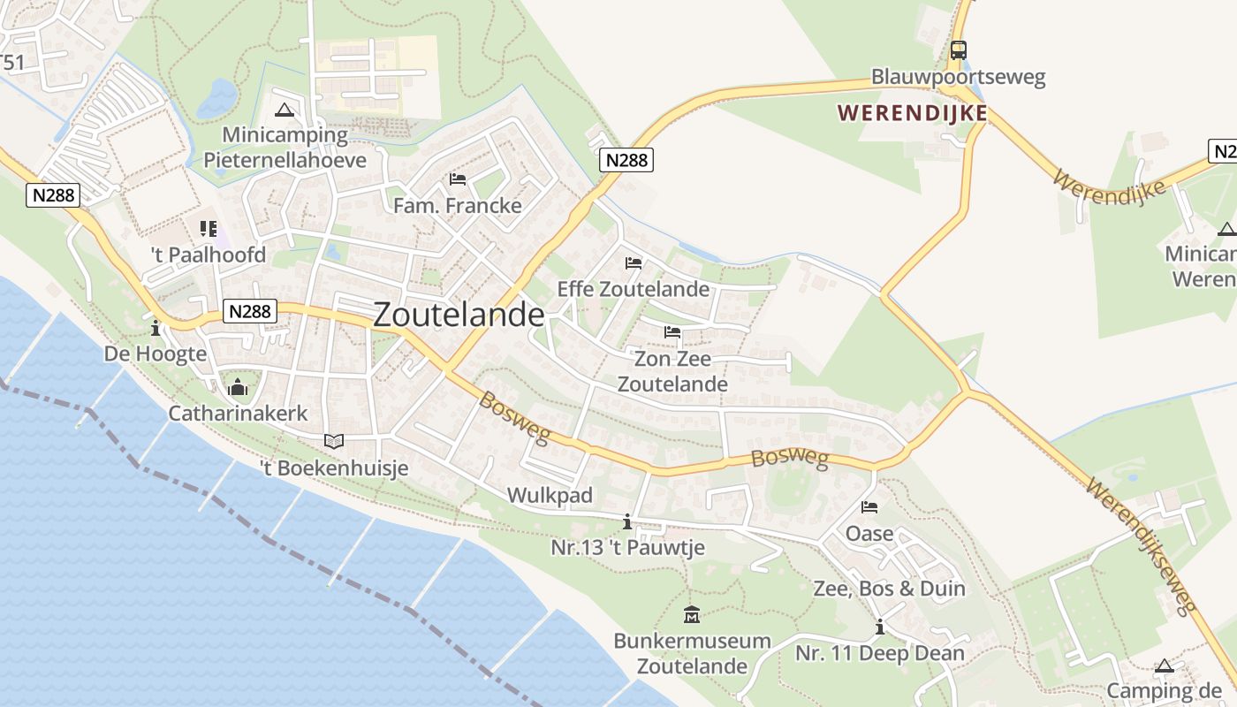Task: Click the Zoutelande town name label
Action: (x=459, y=315)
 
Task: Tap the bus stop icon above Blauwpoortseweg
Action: (x=959, y=50)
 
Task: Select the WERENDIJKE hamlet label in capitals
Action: (x=913, y=113)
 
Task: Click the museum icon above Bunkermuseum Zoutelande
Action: (x=692, y=614)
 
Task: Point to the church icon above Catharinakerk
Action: (x=238, y=387)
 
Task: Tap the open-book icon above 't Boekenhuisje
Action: (x=334, y=441)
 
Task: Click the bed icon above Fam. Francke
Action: (x=458, y=179)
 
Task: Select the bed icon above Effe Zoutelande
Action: (x=634, y=263)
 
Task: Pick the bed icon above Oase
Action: (x=869, y=507)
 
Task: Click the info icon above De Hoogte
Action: (x=156, y=328)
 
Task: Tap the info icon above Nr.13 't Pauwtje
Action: (x=627, y=521)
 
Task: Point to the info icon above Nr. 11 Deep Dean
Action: (x=879, y=627)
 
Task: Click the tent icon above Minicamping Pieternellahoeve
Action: (x=284, y=110)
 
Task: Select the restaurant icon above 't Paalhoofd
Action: (x=209, y=229)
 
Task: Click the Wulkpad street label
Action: (x=550, y=495)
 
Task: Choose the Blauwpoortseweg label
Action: (x=958, y=77)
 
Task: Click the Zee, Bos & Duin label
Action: (x=889, y=589)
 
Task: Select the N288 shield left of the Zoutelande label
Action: (x=251, y=311)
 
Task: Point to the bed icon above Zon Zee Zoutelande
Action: (x=672, y=332)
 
